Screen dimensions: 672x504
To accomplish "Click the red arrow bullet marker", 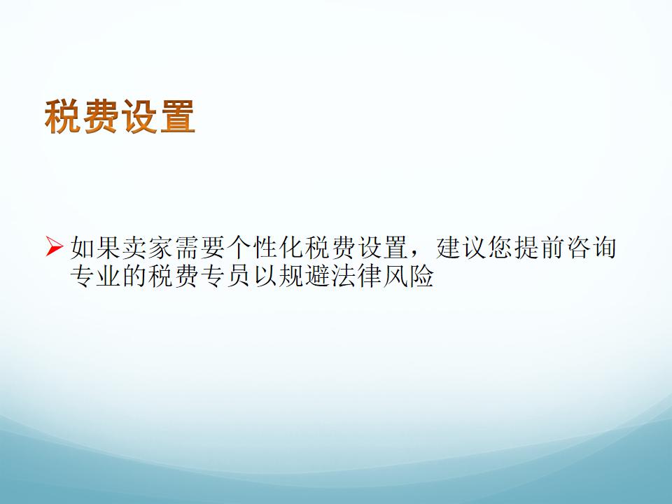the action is pos(55,247).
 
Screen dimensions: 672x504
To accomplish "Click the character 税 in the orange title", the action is pos(63,116).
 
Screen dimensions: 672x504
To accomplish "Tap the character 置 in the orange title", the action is pos(177,116).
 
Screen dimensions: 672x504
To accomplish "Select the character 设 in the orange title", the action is pos(139,116).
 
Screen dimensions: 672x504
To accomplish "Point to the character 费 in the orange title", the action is pos(101,116).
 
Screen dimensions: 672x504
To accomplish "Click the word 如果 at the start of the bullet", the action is pos(96,248).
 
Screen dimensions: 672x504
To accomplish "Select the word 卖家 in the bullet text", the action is pos(148,248).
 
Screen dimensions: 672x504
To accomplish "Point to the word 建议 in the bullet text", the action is pos(461,248).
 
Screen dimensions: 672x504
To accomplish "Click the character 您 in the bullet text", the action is pos(500,248).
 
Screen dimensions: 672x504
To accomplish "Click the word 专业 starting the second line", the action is pos(96,275).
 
